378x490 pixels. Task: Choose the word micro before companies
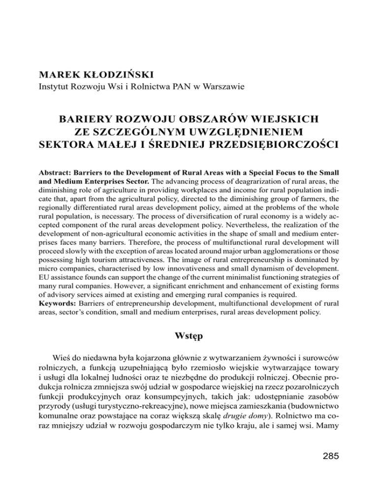point(50,269)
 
